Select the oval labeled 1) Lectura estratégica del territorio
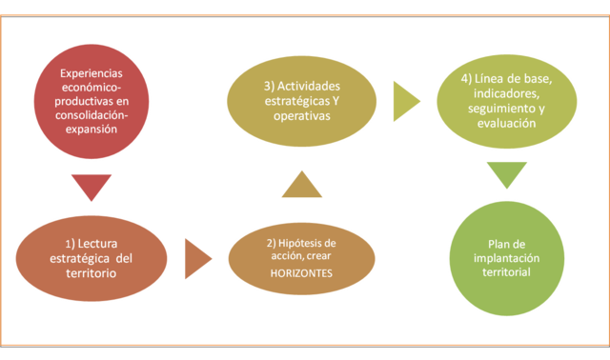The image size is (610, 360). (91, 257)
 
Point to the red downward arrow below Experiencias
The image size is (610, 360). (91, 188)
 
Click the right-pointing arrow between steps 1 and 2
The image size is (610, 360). (197, 257)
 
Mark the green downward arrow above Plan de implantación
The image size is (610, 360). (506, 175)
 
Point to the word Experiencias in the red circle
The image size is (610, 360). (91, 74)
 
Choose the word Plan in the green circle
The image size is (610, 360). (490, 243)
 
